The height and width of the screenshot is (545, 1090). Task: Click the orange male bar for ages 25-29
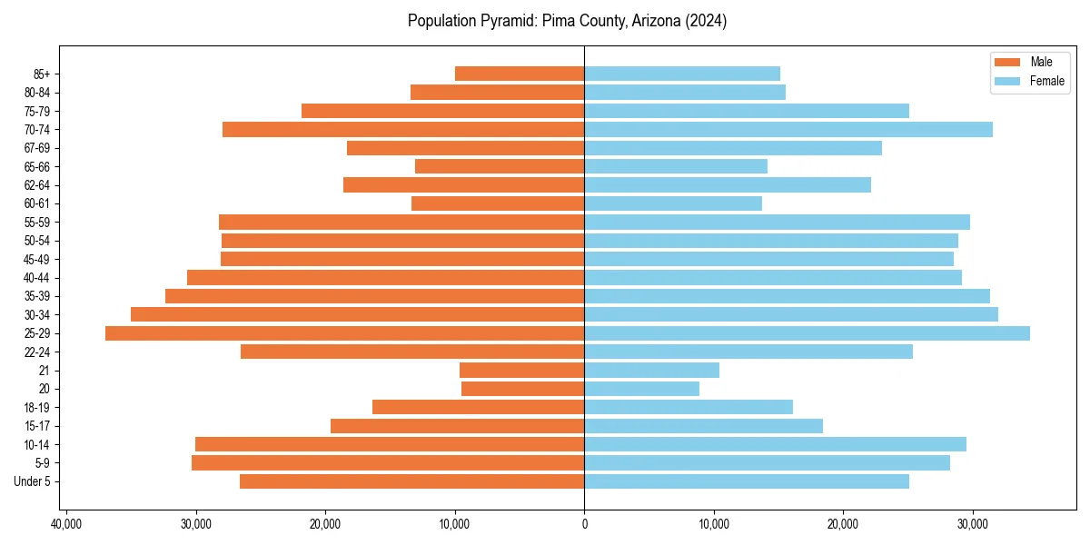[345, 333]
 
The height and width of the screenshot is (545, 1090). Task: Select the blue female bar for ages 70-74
[788, 130]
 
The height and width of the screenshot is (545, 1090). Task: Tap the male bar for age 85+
[520, 74]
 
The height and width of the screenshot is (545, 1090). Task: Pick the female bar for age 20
[641, 389]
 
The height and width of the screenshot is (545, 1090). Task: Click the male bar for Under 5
[412, 481]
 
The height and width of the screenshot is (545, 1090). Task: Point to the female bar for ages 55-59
[777, 223]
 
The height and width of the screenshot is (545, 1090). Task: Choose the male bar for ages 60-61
[498, 203]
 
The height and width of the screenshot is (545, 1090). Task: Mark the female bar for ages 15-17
[703, 426]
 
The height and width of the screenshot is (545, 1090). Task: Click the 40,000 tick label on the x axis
[66, 524]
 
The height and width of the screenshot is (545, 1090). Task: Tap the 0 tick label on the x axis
[584, 524]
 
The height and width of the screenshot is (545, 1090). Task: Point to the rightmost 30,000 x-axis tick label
[973, 524]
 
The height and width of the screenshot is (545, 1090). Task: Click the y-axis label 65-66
[36, 167]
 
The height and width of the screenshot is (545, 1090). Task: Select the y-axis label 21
[44, 371]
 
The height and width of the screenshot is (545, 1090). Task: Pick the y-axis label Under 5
[32, 481]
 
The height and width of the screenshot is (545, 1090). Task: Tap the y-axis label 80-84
[36, 93]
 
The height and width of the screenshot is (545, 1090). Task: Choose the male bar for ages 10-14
[390, 444]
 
